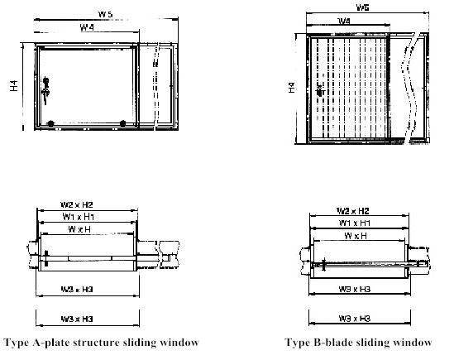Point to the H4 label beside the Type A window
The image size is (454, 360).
pos(16,85)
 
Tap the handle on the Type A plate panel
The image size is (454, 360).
pos(46,84)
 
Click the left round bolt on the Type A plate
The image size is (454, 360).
pos(51,123)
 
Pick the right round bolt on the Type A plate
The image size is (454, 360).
pos(122,123)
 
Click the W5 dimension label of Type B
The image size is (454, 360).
pos(362,7)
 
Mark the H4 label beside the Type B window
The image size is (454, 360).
pos(291,85)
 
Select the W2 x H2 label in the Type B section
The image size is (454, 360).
pos(351,211)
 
